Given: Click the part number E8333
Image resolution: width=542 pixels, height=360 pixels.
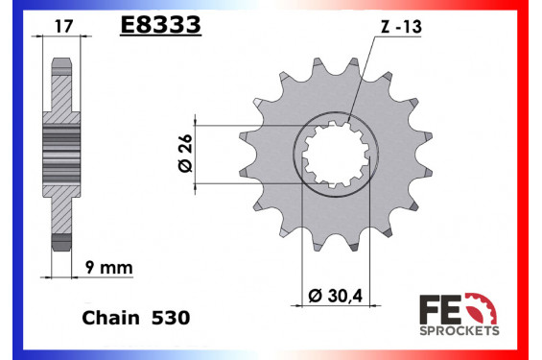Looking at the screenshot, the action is point(161,25).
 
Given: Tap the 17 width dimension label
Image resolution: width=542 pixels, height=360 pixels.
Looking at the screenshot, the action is point(64,26).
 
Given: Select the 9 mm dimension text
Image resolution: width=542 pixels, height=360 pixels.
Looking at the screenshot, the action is point(109,268).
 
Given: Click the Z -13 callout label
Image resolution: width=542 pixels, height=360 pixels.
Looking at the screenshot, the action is point(401,27).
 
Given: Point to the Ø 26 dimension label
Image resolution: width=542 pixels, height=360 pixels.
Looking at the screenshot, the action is point(185,153).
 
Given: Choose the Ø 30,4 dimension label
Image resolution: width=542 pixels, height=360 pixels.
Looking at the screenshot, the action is point(335,296).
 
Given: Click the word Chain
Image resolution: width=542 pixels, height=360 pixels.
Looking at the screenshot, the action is point(110,318).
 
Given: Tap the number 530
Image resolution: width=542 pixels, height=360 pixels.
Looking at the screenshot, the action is point(171,318).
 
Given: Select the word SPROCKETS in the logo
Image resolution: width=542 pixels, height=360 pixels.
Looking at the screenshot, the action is point(460,330).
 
